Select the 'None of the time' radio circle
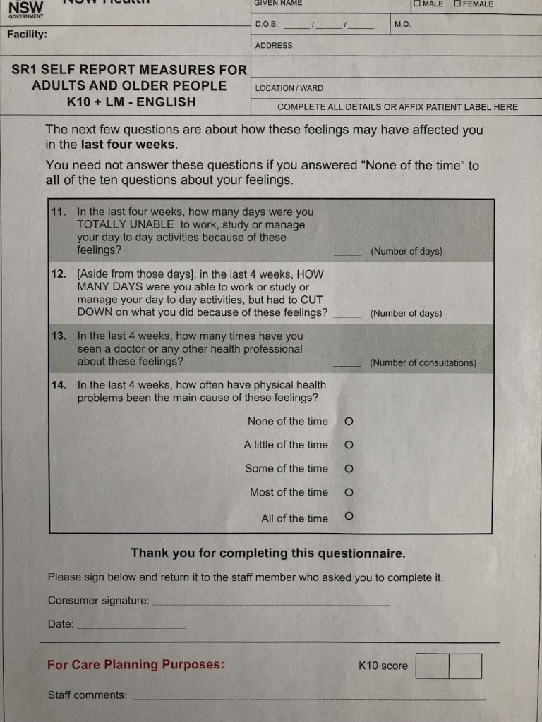click(x=349, y=422)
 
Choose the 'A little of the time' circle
click(x=349, y=445)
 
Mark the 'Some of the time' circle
click(x=349, y=469)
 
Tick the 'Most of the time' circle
click(x=349, y=492)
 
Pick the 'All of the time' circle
click(x=349, y=516)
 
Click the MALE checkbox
click(x=417, y=4)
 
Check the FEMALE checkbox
click(x=457, y=4)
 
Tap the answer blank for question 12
click(x=347, y=316)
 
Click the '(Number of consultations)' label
click(x=423, y=363)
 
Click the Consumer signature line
click(x=271, y=604)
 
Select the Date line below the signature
click(x=131, y=627)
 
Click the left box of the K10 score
click(x=432, y=666)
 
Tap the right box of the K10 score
click(x=465, y=666)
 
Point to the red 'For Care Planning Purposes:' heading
click(x=135, y=664)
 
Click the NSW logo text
click(x=25, y=7)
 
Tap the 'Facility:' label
click(x=28, y=34)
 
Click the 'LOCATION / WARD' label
click(x=289, y=88)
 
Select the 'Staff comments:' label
click(x=88, y=695)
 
